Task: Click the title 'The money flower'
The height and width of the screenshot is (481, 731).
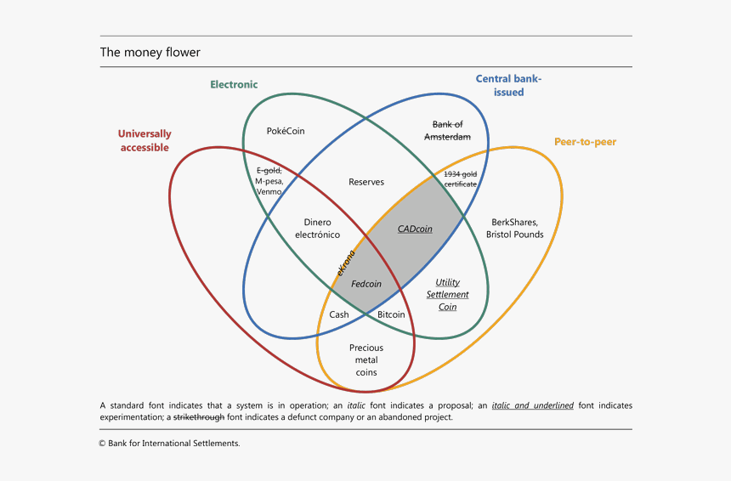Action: point(150,53)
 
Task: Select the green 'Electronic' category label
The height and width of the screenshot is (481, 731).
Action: point(234,84)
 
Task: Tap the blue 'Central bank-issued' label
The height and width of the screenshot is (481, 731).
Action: point(508,85)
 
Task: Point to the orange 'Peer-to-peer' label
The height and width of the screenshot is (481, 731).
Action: point(585,141)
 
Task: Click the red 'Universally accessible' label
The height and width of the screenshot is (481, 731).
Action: point(144,140)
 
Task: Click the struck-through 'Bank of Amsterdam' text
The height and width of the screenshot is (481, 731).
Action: point(447,131)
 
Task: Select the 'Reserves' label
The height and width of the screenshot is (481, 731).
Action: point(366,182)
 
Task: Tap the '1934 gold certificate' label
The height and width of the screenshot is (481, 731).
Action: point(461,178)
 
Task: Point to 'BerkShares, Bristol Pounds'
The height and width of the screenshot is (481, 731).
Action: point(515,229)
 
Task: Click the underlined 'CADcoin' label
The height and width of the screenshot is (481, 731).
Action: point(415,229)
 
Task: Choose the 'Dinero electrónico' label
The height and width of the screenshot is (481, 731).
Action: point(317,229)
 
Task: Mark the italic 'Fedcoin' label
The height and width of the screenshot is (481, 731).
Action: point(366,284)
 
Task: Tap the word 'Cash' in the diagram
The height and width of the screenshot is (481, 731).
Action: point(339,314)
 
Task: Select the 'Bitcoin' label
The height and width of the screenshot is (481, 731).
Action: point(391,314)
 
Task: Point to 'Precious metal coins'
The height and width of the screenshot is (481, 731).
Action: point(366,359)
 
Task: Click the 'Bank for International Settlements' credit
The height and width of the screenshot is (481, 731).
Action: point(169,443)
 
